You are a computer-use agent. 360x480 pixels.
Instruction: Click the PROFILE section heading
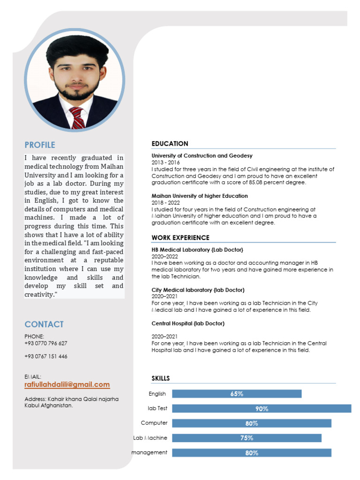point(40,145)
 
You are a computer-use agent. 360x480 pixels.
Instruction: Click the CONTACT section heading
point(44,324)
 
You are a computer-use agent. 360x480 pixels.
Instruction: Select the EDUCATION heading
point(170,143)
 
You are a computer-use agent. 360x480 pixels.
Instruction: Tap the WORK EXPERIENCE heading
point(180,238)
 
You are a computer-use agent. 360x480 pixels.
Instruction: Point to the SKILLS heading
point(161,378)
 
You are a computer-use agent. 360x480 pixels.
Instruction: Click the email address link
point(67,385)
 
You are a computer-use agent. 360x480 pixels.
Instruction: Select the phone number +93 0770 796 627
point(46,343)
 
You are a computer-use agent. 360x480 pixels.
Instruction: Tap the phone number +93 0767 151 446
point(46,356)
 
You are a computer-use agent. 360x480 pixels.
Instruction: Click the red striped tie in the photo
point(77,117)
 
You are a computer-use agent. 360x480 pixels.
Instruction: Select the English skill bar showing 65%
point(237,394)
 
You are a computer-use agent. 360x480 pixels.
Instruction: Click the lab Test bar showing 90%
point(262,409)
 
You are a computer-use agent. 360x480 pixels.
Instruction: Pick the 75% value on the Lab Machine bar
point(247,438)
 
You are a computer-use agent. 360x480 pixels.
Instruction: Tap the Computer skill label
point(154,423)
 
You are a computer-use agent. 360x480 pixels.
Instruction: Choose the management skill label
point(150,452)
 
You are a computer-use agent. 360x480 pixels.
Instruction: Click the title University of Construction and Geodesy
point(202,156)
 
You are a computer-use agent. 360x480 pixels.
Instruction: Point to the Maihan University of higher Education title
point(200,196)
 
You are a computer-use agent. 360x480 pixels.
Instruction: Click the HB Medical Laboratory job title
point(197,250)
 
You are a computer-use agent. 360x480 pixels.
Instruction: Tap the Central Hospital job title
point(188,323)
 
